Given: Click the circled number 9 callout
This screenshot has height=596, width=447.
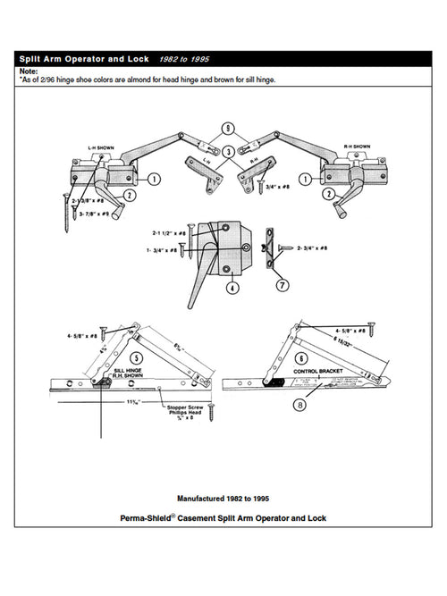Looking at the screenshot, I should coord(229,129).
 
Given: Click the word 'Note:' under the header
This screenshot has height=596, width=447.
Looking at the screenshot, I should coord(29,70).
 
